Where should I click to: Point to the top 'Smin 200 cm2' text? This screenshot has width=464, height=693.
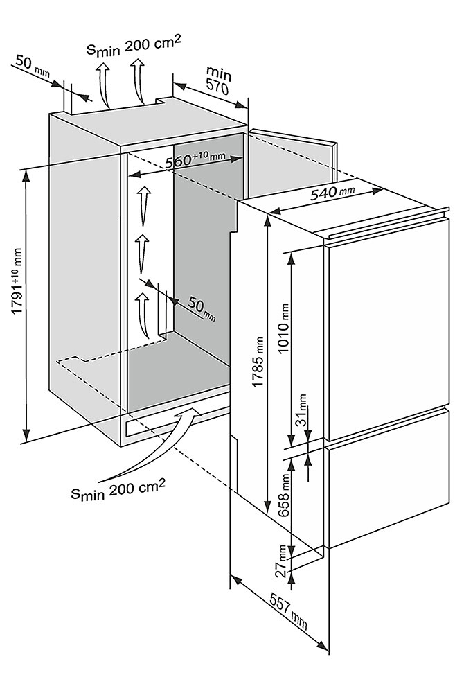(134, 49)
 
